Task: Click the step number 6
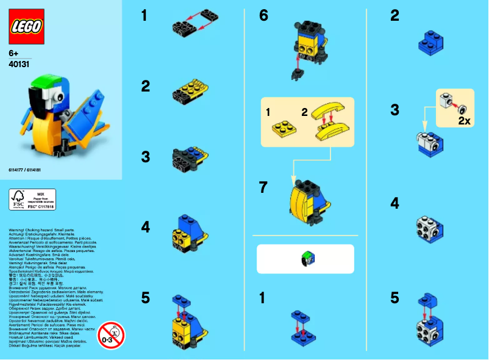(263, 16)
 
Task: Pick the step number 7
(263, 187)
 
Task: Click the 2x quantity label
(464, 121)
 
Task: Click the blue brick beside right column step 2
(431, 42)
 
